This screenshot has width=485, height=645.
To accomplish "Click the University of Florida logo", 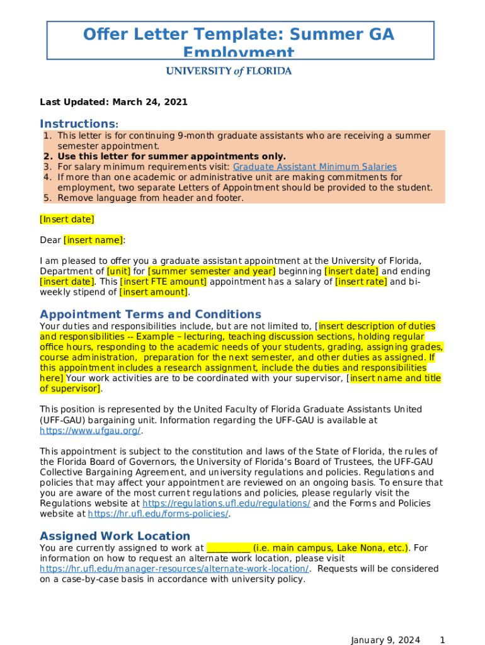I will pyautogui.click(x=229, y=71).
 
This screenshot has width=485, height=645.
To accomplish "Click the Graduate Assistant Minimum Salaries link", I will pyautogui.click(x=314, y=167).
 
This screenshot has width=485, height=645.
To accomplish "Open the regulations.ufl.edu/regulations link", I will pyautogui.click(x=226, y=503).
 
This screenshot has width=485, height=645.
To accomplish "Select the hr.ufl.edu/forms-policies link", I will pyautogui.click(x=158, y=514).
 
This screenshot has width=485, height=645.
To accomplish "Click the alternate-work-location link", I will pyautogui.click(x=174, y=569).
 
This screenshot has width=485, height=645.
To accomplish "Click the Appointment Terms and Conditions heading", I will pyautogui.click(x=150, y=314).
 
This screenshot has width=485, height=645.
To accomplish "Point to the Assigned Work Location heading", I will pyautogui.click(x=115, y=536).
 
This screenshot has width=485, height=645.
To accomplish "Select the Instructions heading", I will pyautogui.click(x=79, y=123).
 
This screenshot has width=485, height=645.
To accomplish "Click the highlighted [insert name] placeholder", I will pyautogui.click(x=93, y=240).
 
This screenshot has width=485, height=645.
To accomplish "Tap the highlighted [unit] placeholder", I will pyautogui.click(x=119, y=271).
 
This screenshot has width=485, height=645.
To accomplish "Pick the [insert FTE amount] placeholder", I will pyautogui.click(x=163, y=282).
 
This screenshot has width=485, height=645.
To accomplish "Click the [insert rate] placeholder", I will pyautogui.click(x=361, y=282).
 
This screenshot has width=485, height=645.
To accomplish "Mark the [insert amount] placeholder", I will pyautogui.click(x=153, y=292).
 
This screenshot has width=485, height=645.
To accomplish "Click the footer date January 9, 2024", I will pyautogui.click(x=385, y=640).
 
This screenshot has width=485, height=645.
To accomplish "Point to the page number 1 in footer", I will pyautogui.click(x=442, y=640).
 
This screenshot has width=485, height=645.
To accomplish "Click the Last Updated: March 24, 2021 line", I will pyautogui.click(x=113, y=102).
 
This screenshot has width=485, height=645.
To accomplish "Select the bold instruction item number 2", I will pyautogui.click(x=171, y=156).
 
